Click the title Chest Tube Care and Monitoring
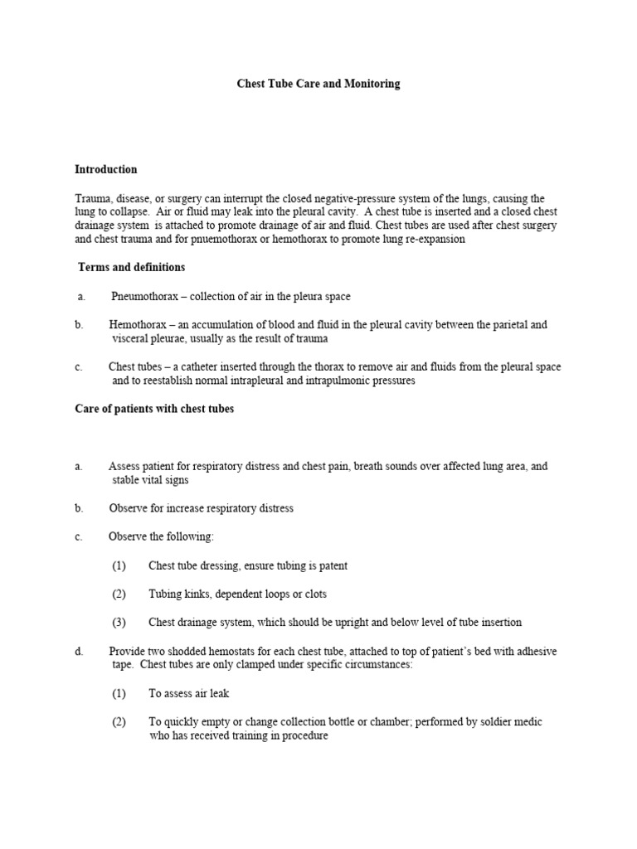318,84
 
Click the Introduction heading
106,169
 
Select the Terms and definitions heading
131,267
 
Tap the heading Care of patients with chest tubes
154,409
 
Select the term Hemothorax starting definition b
136,325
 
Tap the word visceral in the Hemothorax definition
130,338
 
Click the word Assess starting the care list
124,467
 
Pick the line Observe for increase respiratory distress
201,508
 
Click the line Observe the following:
161,536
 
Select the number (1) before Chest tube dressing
119,565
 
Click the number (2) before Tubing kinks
119,594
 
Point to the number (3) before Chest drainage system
119,622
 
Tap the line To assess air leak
194,693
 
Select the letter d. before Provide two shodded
79,651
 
